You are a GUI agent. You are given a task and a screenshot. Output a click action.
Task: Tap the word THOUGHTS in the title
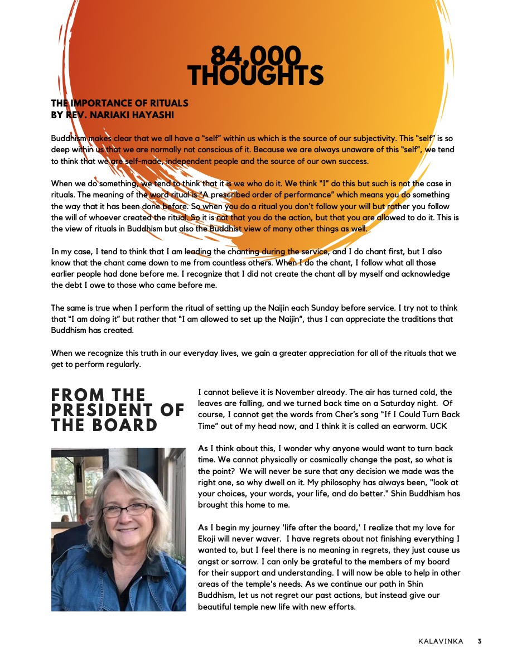click(x=255, y=76)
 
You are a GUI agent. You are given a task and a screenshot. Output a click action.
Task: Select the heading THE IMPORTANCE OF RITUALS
click(x=119, y=103)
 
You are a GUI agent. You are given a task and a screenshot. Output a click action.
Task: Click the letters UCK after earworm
click(x=441, y=426)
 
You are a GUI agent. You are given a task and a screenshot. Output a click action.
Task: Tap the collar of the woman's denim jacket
click(x=84, y=563)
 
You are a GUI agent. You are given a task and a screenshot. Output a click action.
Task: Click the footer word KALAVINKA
click(x=440, y=641)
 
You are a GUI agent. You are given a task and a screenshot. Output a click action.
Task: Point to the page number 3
click(x=479, y=641)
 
